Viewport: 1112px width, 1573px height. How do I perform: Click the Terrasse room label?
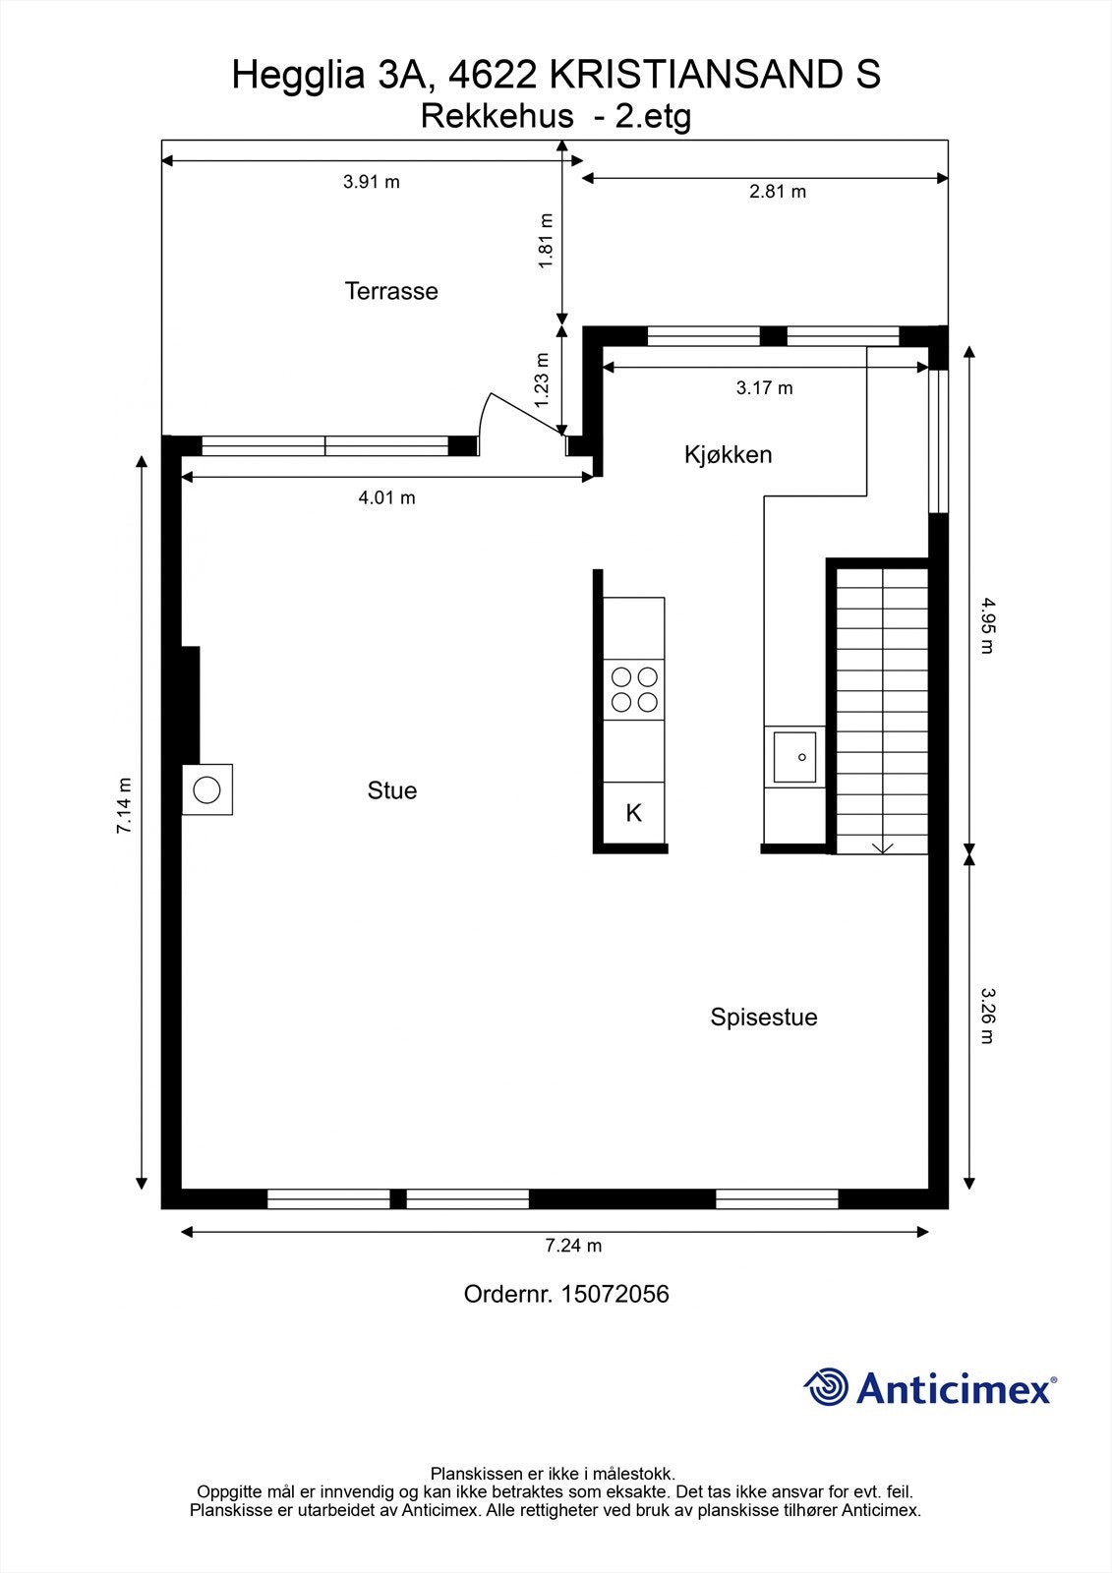pyautogui.click(x=391, y=291)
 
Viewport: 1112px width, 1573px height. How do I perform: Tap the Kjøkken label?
pyautogui.click(x=728, y=454)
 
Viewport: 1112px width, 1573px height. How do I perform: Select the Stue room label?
pyautogui.click(x=392, y=790)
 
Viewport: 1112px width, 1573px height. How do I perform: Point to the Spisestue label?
pyautogui.click(x=764, y=1017)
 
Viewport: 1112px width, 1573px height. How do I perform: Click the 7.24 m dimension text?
pyautogui.click(x=573, y=1245)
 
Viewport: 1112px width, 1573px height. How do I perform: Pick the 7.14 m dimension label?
pyautogui.click(x=124, y=805)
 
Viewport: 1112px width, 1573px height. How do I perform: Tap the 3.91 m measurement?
pyautogui.click(x=371, y=182)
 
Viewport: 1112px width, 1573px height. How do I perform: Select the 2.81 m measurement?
pyautogui.click(x=777, y=192)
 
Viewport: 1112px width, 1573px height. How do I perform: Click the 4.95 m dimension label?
pyautogui.click(x=987, y=625)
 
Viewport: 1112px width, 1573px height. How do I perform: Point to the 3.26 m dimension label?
pyautogui.click(x=987, y=1016)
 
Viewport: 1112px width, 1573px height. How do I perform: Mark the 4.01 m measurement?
pyautogui.click(x=386, y=497)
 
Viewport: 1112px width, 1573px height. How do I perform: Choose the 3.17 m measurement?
pyautogui.click(x=764, y=387)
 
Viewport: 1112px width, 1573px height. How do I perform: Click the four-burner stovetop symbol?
pyautogui.click(x=633, y=689)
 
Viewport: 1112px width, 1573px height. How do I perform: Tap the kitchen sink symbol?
pyautogui.click(x=794, y=757)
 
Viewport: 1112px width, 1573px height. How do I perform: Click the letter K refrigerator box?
pyautogui.click(x=633, y=812)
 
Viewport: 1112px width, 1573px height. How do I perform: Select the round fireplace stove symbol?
pyautogui.click(x=206, y=789)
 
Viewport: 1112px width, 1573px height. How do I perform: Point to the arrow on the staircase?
pyautogui.click(x=882, y=846)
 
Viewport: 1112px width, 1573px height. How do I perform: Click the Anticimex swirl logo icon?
pyautogui.click(x=826, y=1386)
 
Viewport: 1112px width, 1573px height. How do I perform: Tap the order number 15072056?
pyautogui.click(x=614, y=1294)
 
